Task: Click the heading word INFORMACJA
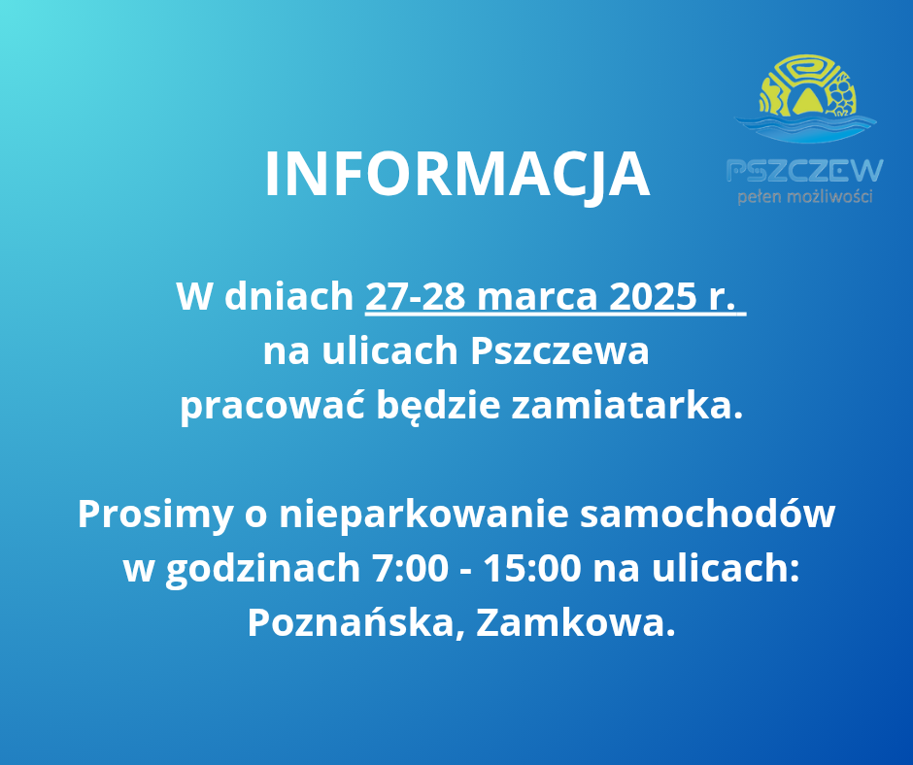pyautogui.click(x=456, y=175)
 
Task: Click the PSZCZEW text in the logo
pyautogui.click(x=805, y=171)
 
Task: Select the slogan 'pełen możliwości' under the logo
pyautogui.click(x=805, y=197)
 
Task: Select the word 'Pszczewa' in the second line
pyautogui.click(x=558, y=351)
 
